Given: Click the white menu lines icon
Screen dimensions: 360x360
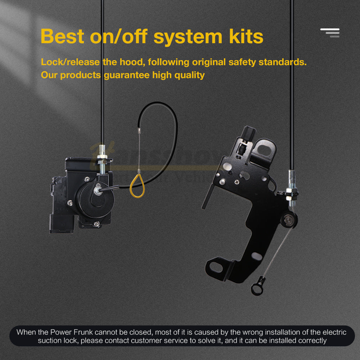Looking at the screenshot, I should click(x=330, y=33).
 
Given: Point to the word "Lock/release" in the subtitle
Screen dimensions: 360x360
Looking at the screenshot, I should click(x=70, y=62).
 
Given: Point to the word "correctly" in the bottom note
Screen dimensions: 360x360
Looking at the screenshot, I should click(x=311, y=340).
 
